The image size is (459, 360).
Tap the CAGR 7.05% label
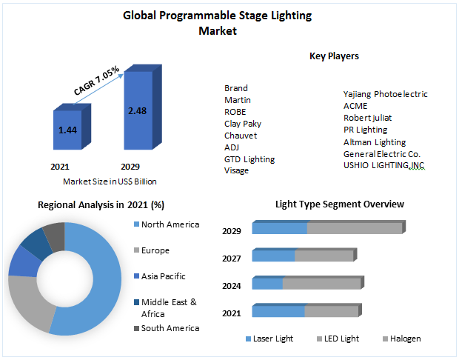pos(97,79)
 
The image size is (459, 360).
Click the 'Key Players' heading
pos(334,56)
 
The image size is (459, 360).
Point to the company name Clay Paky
pos(242,124)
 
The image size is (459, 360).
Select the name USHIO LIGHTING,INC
pos(384,164)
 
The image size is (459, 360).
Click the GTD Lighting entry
pos(249,159)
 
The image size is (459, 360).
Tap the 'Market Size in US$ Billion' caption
pos(110,181)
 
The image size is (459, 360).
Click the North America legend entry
pos(170,224)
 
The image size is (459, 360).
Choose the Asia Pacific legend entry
pos(163,276)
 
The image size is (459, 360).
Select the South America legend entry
pos(170,328)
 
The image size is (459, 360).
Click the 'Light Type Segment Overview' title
pos(339,204)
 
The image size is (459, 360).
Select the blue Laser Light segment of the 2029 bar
pos(279,229)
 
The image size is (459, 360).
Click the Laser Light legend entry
pos(272,339)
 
